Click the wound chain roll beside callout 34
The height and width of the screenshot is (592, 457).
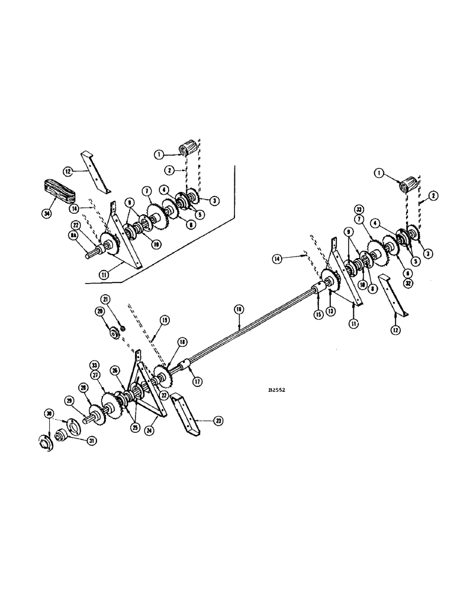[58, 191]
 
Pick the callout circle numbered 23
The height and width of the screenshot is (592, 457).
[218, 421]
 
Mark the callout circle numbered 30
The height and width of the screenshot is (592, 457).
[49, 413]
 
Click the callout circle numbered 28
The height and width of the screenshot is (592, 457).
[83, 387]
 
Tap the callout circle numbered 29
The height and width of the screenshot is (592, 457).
[70, 401]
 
